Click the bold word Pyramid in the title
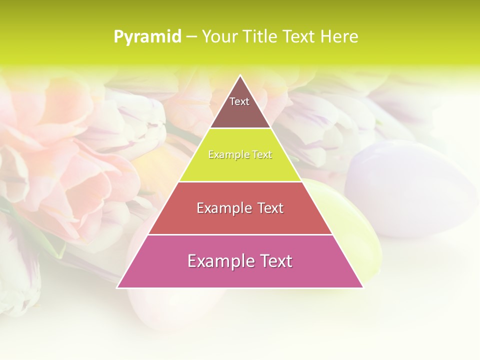[147, 37]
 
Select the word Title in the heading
[259, 36]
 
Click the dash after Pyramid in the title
[191, 37]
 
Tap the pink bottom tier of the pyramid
[240, 275]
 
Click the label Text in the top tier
[239, 101]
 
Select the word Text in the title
[299, 36]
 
